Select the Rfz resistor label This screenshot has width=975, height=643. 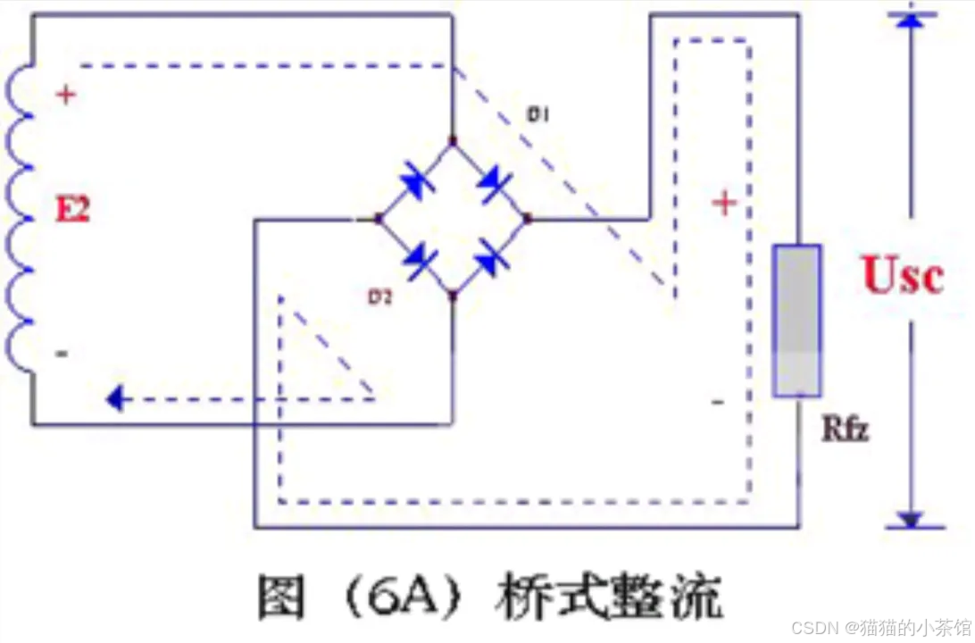(x=844, y=430)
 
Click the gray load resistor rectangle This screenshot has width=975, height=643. (x=796, y=320)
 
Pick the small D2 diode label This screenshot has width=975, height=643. (x=381, y=297)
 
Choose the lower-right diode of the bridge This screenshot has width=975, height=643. (x=491, y=260)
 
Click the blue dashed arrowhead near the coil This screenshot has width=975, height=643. (x=114, y=398)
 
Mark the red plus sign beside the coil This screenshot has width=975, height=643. (x=65, y=95)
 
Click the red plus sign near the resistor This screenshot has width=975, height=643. (x=724, y=204)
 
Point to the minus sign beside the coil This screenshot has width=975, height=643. (x=62, y=354)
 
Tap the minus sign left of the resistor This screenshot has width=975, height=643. (x=718, y=402)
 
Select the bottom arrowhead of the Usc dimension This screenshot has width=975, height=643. (x=910, y=519)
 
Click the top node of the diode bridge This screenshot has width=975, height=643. (x=453, y=141)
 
